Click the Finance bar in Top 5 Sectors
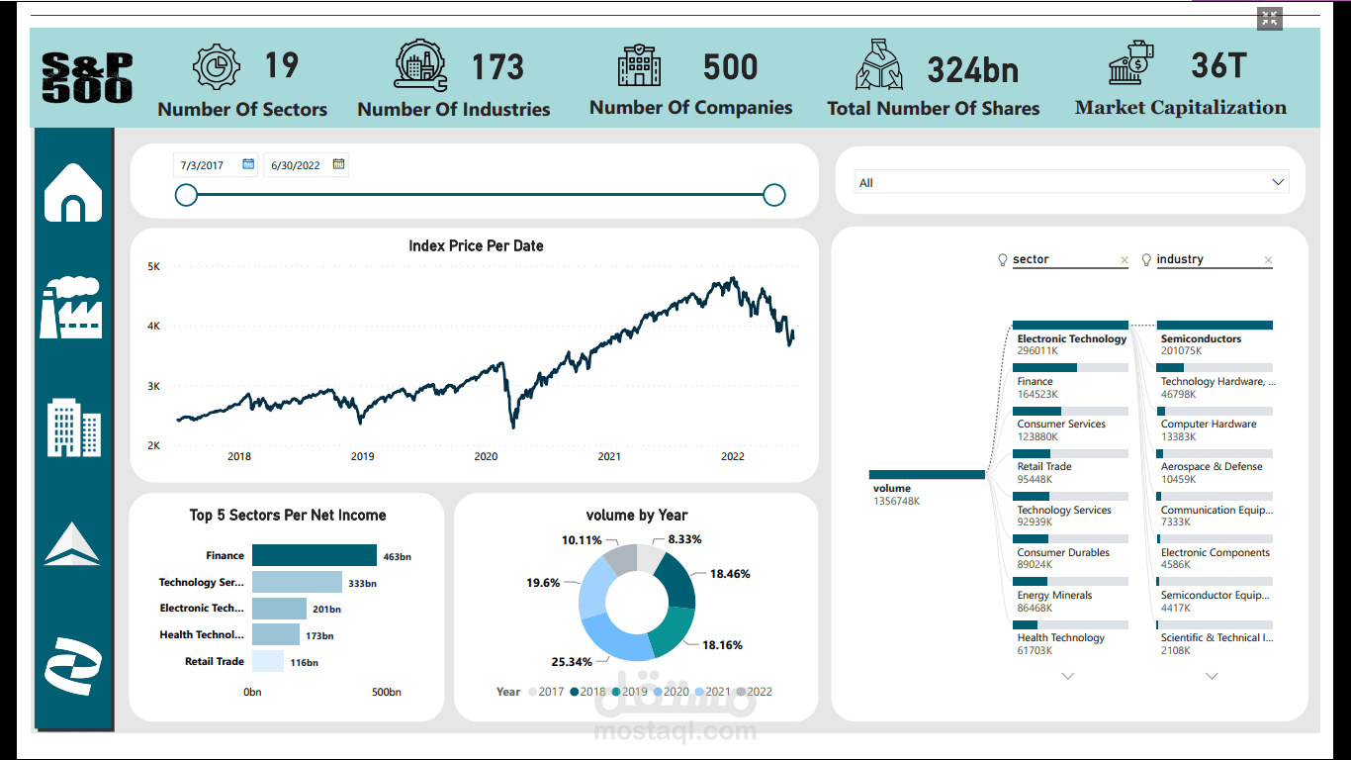click(x=314, y=555)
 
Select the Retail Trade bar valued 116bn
click(x=268, y=661)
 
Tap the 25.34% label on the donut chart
click(x=572, y=662)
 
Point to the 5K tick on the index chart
click(x=154, y=266)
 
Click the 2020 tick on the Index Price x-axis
click(x=486, y=456)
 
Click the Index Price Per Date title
click(x=476, y=245)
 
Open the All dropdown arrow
click(x=1278, y=182)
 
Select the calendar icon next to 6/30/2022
click(x=339, y=164)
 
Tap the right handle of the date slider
click(x=774, y=195)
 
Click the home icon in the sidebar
click(x=73, y=193)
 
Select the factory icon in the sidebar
click(x=70, y=308)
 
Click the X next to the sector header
click(x=1124, y=260)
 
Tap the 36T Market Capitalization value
click(x=1217, y=65)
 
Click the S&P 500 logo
click(x=87, y=78)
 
